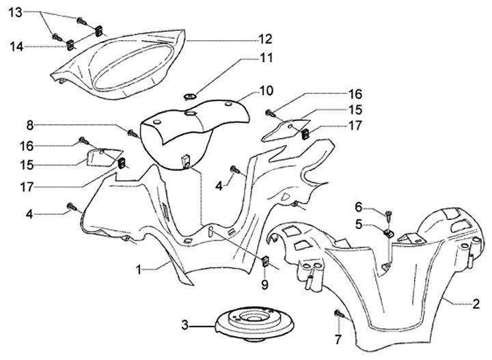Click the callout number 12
(265, 38)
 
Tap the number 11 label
(265, 59)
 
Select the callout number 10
(266, 89)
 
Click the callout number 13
(15, 12)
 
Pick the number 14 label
(15, 46)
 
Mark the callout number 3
(184, 325)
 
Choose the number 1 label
(138, 270)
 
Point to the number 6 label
(357, 207)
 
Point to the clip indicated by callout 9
(265, 260)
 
